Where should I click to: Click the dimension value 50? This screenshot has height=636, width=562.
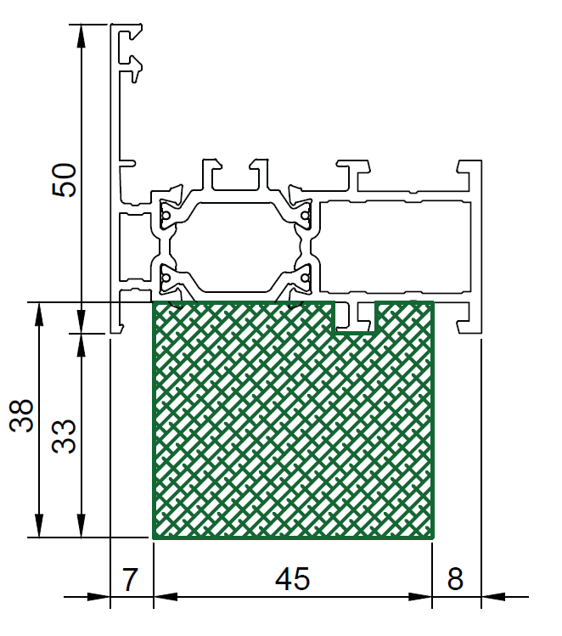64,180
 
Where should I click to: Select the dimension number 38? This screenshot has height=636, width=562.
21,416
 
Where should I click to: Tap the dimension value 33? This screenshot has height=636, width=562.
64,436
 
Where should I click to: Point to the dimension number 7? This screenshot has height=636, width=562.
130,579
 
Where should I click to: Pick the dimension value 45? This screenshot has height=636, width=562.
292,579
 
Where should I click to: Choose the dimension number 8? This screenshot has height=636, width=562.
455,579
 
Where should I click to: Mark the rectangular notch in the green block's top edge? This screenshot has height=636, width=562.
355,318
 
